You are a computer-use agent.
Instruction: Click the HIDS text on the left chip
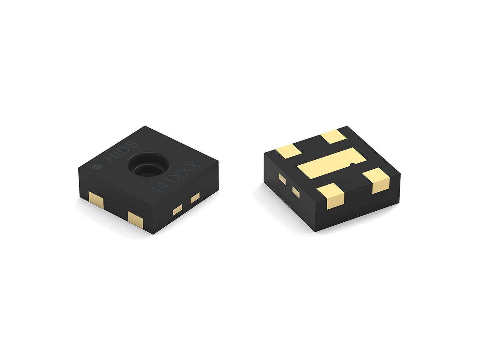[121, 151]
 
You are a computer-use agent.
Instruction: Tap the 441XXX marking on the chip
[176, 177]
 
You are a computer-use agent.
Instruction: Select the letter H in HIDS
[111, 158]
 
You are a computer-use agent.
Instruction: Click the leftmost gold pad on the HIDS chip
[96, 200]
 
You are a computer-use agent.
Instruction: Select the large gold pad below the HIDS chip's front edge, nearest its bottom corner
[135, 220]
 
